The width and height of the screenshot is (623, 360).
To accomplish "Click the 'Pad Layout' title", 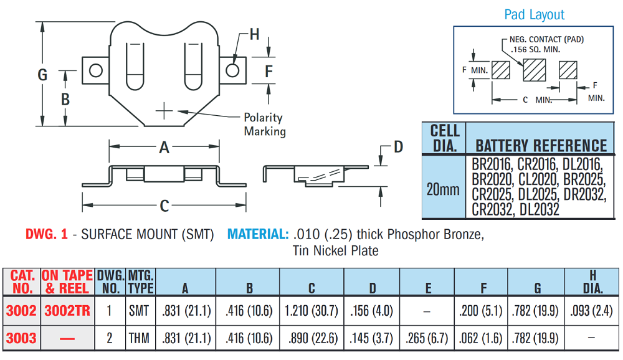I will pos(534,15).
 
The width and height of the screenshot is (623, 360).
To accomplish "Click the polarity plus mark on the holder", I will pos(164,111).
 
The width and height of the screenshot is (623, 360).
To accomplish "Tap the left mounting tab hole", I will pos(96,70).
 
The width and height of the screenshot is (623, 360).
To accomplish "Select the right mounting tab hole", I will pos(232,70).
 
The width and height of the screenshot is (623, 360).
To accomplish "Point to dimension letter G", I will pos(42,75).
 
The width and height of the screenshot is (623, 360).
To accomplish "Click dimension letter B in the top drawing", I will pos(65,99).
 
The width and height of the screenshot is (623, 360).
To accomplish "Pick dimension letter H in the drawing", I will pos(254,34).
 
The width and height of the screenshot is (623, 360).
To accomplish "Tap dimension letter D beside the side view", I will pos(398,147).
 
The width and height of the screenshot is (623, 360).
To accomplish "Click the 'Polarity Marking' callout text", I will pos(264,125).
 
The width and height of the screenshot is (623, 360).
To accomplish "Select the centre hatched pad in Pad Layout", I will pos(534,70).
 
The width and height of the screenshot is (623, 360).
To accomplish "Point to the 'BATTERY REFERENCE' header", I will pos(541,146).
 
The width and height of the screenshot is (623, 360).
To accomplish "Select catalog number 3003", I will pos(21,339).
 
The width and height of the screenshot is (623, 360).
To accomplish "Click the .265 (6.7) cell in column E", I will pos(428,339).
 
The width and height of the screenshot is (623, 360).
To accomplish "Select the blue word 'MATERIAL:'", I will pos(258,235).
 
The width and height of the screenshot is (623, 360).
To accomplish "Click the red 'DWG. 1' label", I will pos(46,235).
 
